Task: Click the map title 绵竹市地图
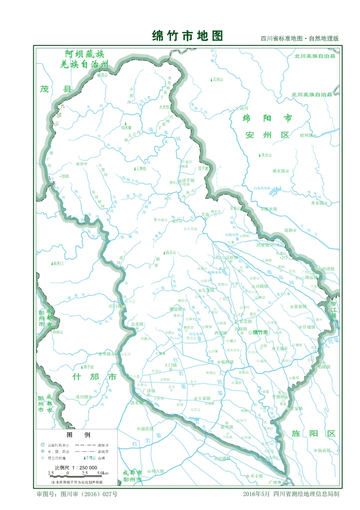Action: coord(188,36)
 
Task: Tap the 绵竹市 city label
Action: coord(264,332)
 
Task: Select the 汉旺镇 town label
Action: coord(230,258)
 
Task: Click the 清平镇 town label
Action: coord(189,180)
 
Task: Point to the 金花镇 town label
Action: coord(138,324)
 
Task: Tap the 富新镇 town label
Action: coord(299,307)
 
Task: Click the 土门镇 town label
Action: coord(170,365)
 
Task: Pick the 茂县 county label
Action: coord(55,89)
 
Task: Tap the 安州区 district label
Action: coord(267,135)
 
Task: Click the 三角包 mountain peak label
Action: coord(140,169)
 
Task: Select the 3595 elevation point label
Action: coord(63,176)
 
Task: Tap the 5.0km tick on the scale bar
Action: coord(102,474)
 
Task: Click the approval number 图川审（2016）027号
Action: coord(77,494)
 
